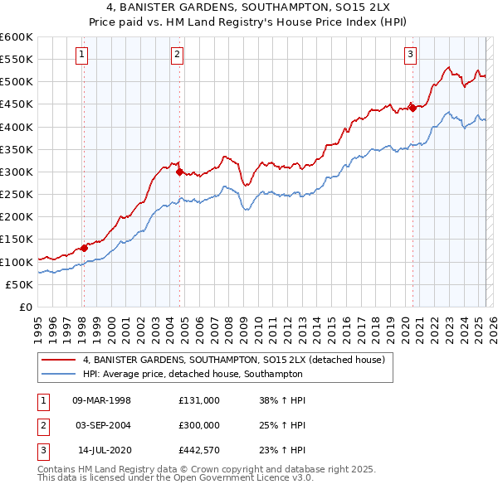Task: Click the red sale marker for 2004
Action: (179, 172)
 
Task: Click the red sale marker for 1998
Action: (84, 248)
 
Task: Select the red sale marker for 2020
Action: (413, 108)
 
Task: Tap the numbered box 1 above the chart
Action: (83, 56)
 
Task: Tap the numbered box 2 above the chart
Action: (178, 56)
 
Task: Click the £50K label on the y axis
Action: (20, 284)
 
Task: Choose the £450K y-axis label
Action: (17, 104)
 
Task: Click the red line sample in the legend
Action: (57, 361)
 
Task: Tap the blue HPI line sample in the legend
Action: (57, 373)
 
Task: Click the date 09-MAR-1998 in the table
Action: (102, 400)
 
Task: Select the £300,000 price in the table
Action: (198, 425)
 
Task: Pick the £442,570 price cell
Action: (198, 450)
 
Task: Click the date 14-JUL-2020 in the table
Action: (104, 450)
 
